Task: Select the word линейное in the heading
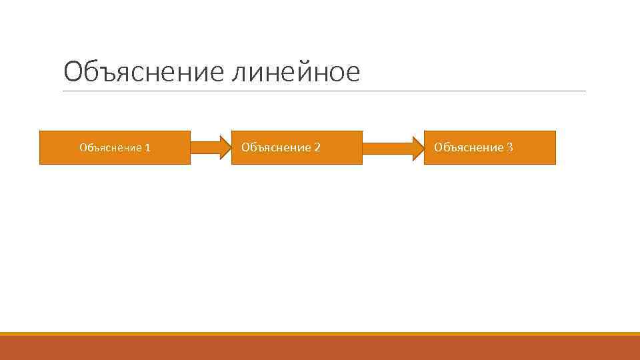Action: pos(295,72)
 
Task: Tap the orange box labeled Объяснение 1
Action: pos(115,147)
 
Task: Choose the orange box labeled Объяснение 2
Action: pos(297,147)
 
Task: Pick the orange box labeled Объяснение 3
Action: pos(489,147)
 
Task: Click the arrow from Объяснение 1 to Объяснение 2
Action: pos(209,147)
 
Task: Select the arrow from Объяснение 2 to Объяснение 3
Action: pos(393,147)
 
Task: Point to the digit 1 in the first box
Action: pos(147,148)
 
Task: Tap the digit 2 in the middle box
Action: pos(317,147)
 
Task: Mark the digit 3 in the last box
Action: pos(510,147)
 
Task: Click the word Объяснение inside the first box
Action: pos(110,148)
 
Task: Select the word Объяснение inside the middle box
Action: pos(276,147)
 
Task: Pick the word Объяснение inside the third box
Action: pos(469,147)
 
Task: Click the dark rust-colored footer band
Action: pos(320,349)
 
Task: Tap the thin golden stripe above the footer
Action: pos(320,334)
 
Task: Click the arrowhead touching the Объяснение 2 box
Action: pos(223,147)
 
